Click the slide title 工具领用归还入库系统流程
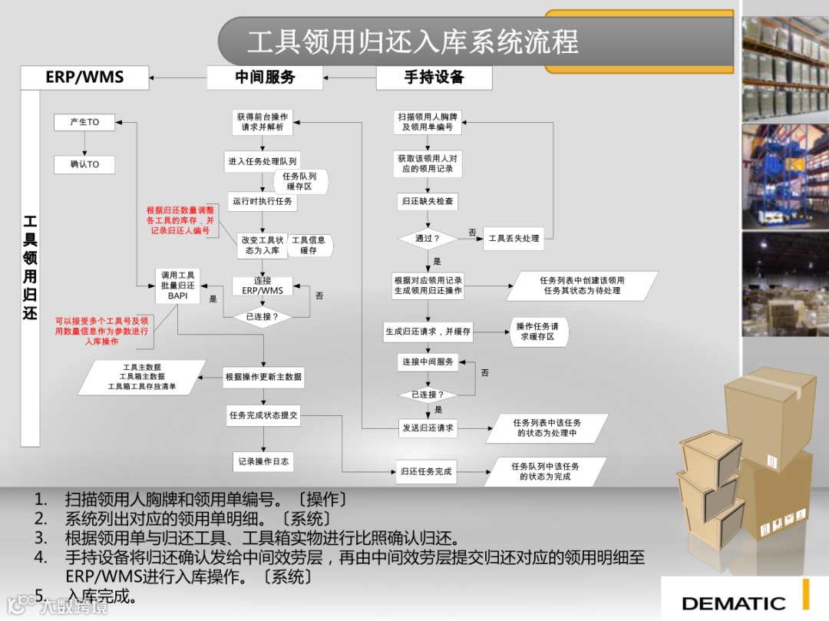[x=412, y=41]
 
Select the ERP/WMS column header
[x=84, y=77]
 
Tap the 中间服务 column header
[x=265, y=77]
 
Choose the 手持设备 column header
[x=434, y=77]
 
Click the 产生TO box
[x=84, y=122]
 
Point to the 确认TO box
[x=84, y=164]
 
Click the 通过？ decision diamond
[x=428, y=239]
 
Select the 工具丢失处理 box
[x=514, y=239]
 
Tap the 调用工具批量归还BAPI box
[x=177, y=286]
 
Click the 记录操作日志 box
[x=263, y=461]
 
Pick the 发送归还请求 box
[x=428, y=428]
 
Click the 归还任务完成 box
[x=427, y=471]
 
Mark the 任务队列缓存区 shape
[x=300, y=181]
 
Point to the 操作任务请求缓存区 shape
[x=537, y=332]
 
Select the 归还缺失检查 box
[x=428, y=201]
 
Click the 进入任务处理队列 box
[x=263, y=162]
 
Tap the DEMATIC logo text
[x=733, y=603]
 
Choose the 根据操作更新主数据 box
[x=263, y=377]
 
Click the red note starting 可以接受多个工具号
[x=101, y=331]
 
